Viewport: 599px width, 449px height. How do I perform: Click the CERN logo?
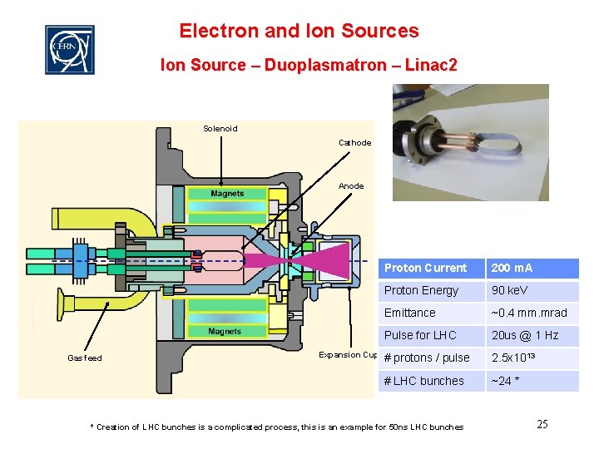69,49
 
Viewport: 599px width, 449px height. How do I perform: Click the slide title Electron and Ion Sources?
299,32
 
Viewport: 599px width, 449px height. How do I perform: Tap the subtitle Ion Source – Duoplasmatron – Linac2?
309,65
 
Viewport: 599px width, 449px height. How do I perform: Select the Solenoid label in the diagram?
220,128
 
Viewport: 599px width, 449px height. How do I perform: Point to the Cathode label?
354,143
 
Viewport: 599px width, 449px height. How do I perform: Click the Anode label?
351,185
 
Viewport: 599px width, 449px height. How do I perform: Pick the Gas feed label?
85,358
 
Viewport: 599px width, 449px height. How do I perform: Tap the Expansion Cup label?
349,355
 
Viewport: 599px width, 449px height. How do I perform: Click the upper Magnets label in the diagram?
227,194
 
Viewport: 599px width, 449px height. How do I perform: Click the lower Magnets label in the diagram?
225,331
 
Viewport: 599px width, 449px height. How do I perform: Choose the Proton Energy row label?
421,290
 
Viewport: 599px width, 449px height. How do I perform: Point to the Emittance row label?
409,313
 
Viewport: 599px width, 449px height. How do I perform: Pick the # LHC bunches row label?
423,381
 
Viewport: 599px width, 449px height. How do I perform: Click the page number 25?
542,424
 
